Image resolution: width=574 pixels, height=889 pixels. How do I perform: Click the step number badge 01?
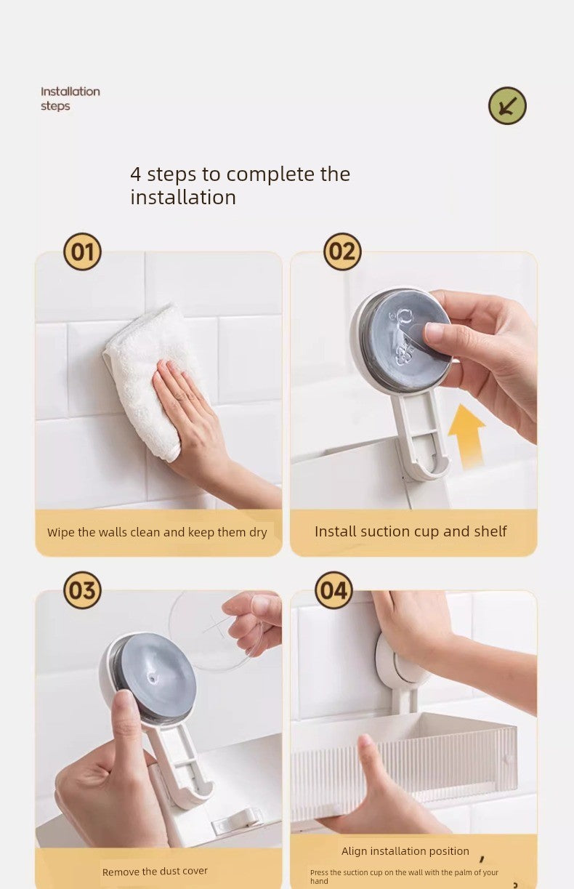83,252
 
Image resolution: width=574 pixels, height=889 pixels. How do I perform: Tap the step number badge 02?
342,252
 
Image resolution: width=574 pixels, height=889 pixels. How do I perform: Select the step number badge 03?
83,590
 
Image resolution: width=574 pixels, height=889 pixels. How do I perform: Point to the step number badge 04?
334,590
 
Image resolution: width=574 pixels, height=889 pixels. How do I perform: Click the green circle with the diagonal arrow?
507,106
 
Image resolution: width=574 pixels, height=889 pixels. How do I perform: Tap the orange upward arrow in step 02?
466,435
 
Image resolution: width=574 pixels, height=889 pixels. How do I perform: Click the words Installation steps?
70,99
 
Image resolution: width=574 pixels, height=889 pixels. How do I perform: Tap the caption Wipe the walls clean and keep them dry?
157,532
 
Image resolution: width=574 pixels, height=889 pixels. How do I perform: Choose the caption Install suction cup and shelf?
411,531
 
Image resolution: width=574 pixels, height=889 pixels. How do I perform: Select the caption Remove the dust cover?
155,871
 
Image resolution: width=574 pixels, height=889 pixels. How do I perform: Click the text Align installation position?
405,851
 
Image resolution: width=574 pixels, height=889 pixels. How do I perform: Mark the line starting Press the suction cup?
404,877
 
